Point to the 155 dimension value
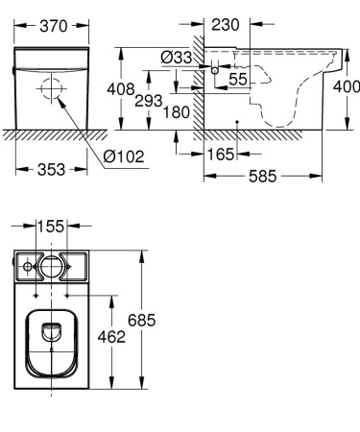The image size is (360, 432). coord(52,227)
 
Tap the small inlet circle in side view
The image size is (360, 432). coord(216,72)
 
